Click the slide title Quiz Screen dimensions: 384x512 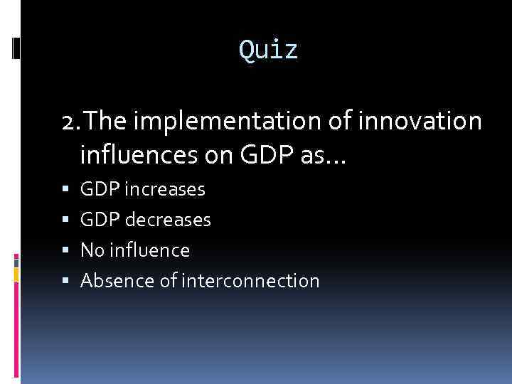[269, 50]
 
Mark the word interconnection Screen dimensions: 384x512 [250, 281]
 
